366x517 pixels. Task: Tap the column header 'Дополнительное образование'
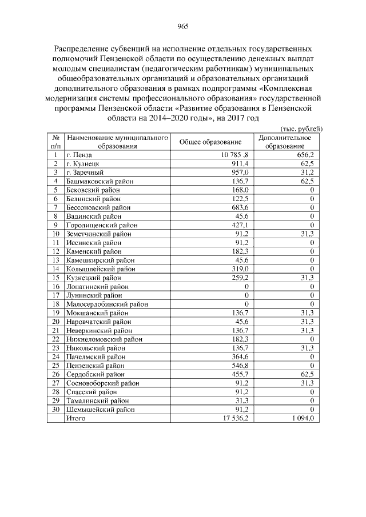coord(285,142)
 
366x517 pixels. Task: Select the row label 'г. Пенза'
coord(79,155)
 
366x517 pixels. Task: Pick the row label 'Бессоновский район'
coord(97,207)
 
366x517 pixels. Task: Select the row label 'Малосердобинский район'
coord(105,304)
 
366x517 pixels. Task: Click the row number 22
coord(56,339)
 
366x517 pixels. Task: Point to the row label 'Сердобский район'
coord(94,374)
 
